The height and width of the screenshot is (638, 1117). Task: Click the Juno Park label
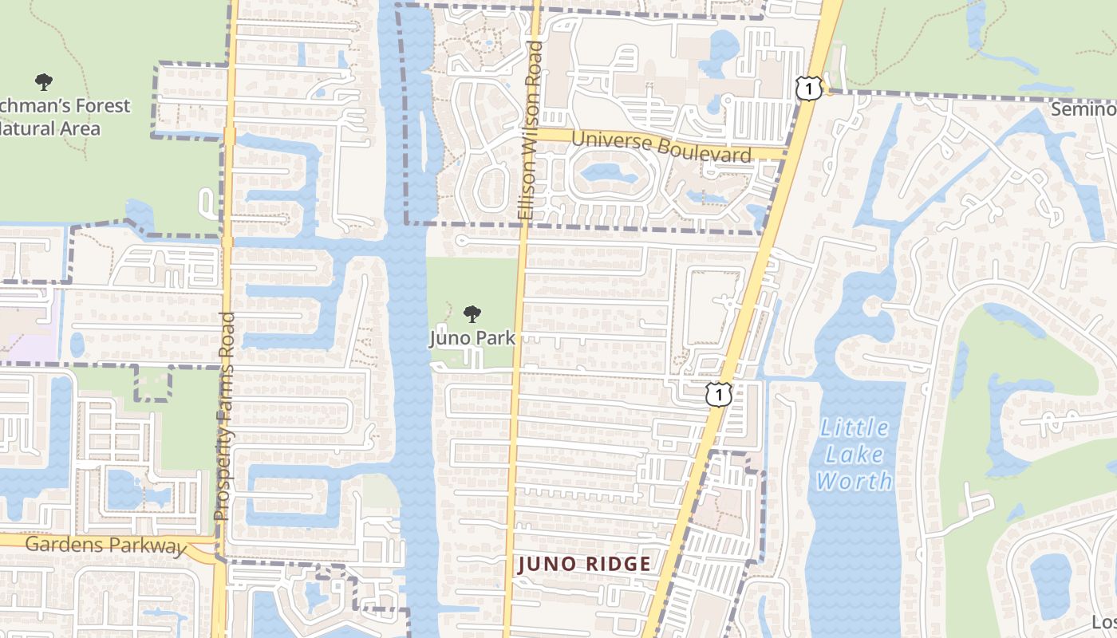tap(472, 338)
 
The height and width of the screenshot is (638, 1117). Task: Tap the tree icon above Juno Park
tap(472, 313)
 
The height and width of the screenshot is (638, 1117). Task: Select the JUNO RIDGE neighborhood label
tap(585, 565)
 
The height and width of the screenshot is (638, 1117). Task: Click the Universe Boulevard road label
tap(661, 146)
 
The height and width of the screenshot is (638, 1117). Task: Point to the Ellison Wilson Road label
tap(529, 131)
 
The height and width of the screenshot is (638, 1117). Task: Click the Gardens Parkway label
tap(105, 545)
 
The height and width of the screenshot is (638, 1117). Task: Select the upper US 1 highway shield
tap(808, 89)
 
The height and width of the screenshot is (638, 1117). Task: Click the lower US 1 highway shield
tap(719, 394)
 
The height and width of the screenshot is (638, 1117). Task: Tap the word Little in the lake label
tap(855, 428)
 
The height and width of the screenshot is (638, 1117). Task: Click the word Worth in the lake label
tap(855, 481)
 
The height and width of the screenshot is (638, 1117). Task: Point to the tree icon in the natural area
tap(44, 81)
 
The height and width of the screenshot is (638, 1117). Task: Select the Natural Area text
tap(49, 128)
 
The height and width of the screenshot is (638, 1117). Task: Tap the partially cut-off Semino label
tap(1083, 109)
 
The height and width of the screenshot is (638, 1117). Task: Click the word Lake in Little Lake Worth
tap(855, 455)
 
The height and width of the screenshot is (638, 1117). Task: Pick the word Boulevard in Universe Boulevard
tap(706, 151)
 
